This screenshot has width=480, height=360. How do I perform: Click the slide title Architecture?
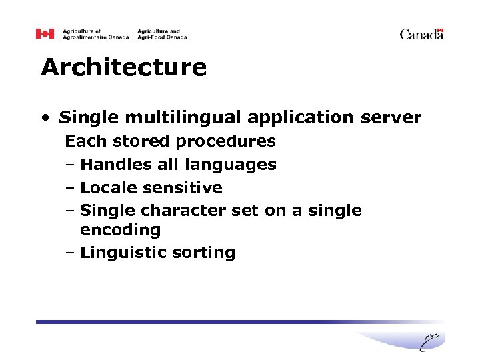[123, 67]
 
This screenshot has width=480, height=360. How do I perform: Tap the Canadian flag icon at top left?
[45, 34]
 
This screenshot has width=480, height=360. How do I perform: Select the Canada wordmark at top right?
[421, 34]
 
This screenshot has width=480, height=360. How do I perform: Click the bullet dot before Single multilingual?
[45, 119]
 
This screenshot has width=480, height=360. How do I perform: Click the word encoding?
[120, 231]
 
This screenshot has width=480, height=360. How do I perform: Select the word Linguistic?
[121, 253]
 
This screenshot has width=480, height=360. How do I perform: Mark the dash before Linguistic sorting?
[70, 253]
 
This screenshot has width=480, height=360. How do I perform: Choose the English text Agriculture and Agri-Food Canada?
[162, 34]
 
